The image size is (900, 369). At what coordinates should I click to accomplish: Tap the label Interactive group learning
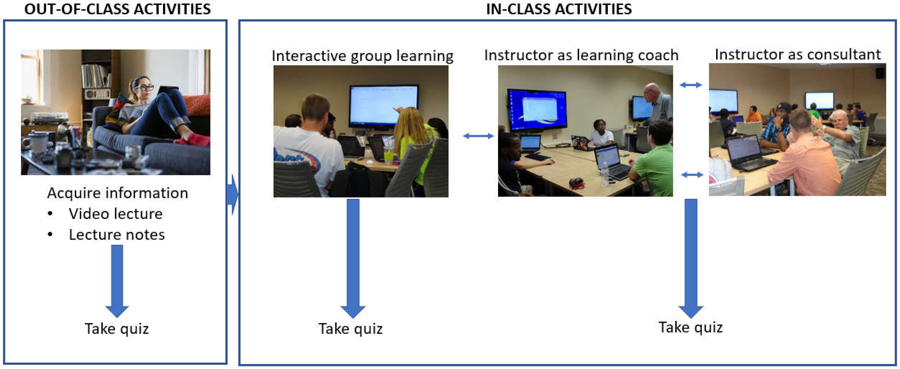pos(362,56)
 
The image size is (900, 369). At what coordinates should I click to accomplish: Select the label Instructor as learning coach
pos(581,55)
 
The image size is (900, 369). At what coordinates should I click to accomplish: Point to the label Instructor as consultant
pos(798,54)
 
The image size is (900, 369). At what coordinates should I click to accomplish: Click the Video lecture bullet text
pos(116,214)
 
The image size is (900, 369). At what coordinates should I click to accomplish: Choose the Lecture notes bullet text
pos(117,234)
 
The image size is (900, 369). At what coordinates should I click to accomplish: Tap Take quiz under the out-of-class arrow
pos(117,329)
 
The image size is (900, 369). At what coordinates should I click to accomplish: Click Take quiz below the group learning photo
pos(350,329)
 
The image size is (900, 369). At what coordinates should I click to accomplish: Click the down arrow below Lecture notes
pos(117,281)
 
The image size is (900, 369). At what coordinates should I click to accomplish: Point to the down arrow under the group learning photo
pos(353,258)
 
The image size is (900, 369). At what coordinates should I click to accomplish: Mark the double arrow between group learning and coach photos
pos(478,136)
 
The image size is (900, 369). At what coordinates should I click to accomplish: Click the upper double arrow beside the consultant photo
pos(691,85)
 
